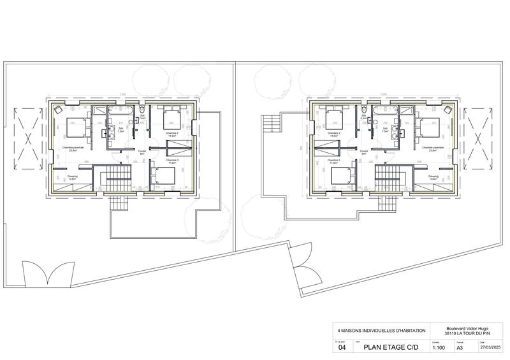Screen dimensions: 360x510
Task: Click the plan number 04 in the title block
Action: (x=342, y=348)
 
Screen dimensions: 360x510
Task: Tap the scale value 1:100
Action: (x=439, y=348)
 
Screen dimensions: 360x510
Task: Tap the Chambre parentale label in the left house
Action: (x=72, y=148)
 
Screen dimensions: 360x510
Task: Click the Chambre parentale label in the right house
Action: (x=432, y=148)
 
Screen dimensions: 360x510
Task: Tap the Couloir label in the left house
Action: (x=142, y=152)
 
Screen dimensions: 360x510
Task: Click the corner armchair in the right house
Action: (x=449, y=109)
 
